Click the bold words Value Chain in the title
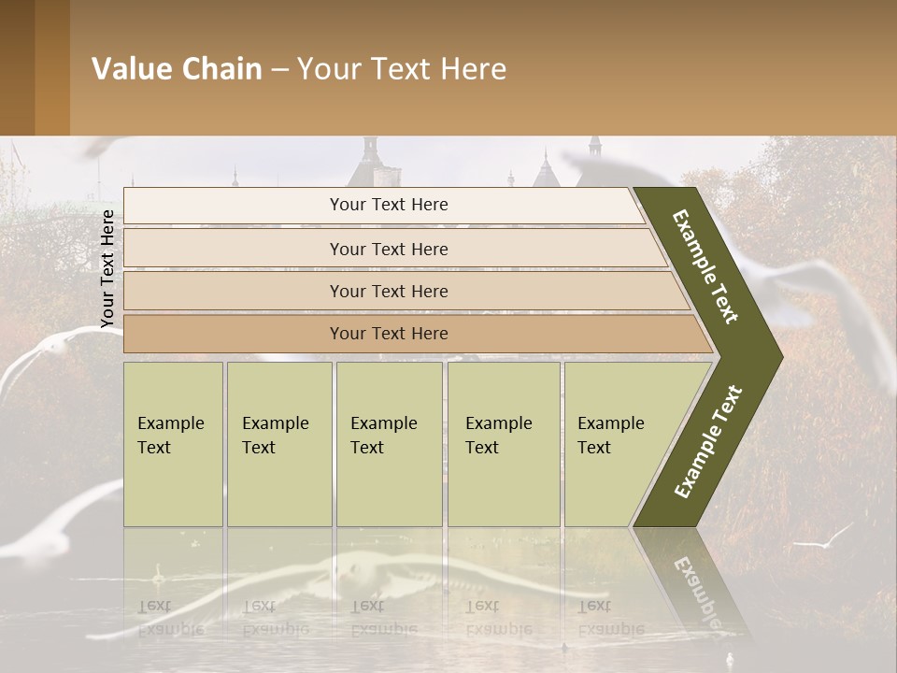(x=177, y=69)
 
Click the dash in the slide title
(x=279, y=70)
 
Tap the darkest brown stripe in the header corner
(x=17, y=67)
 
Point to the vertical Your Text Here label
(x=107, y=268)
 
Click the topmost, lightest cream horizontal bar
(x=383, y=205)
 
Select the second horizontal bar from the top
(x=392, y=249)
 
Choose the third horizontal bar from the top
(x=402, y=291)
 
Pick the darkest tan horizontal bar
(x=411, y=334)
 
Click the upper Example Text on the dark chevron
(x=705, y=266)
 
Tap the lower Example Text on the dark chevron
(x=707, y=442)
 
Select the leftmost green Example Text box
(x=173, y=444)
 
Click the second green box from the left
(x=278, y=444)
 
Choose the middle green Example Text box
(x=389, y=444)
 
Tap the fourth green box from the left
(x=504, y=444)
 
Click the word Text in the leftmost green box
(x=154, y=448)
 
